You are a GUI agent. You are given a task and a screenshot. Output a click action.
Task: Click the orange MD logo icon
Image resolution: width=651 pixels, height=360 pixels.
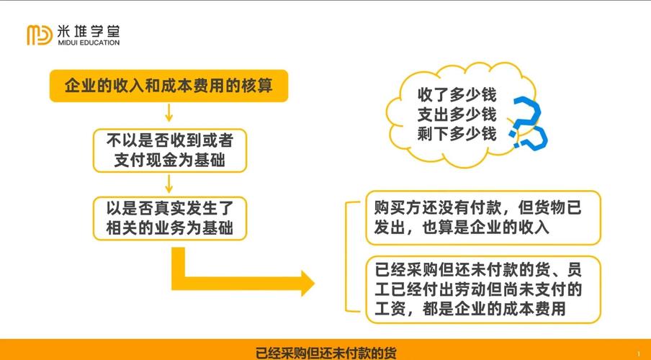point(40,35)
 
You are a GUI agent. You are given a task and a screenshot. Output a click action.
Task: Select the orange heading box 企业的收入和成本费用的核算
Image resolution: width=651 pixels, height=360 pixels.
point(169,86)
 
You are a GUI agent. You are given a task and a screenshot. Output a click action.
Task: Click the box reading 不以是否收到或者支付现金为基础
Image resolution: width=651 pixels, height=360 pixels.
point(169,150)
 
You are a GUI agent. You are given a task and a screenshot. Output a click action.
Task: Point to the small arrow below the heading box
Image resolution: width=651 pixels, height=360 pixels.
point(169,113)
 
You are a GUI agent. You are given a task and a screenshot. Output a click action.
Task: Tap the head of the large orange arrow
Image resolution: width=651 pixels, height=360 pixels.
point(305,283)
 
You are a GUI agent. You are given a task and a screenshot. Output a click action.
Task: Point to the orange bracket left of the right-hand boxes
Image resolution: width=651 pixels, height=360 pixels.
point(350,256)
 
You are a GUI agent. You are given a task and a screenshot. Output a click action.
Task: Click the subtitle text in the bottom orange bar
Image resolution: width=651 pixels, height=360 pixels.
point(325,353)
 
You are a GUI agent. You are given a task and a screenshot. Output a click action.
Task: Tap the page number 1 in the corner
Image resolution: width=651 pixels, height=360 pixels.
point(638,354)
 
